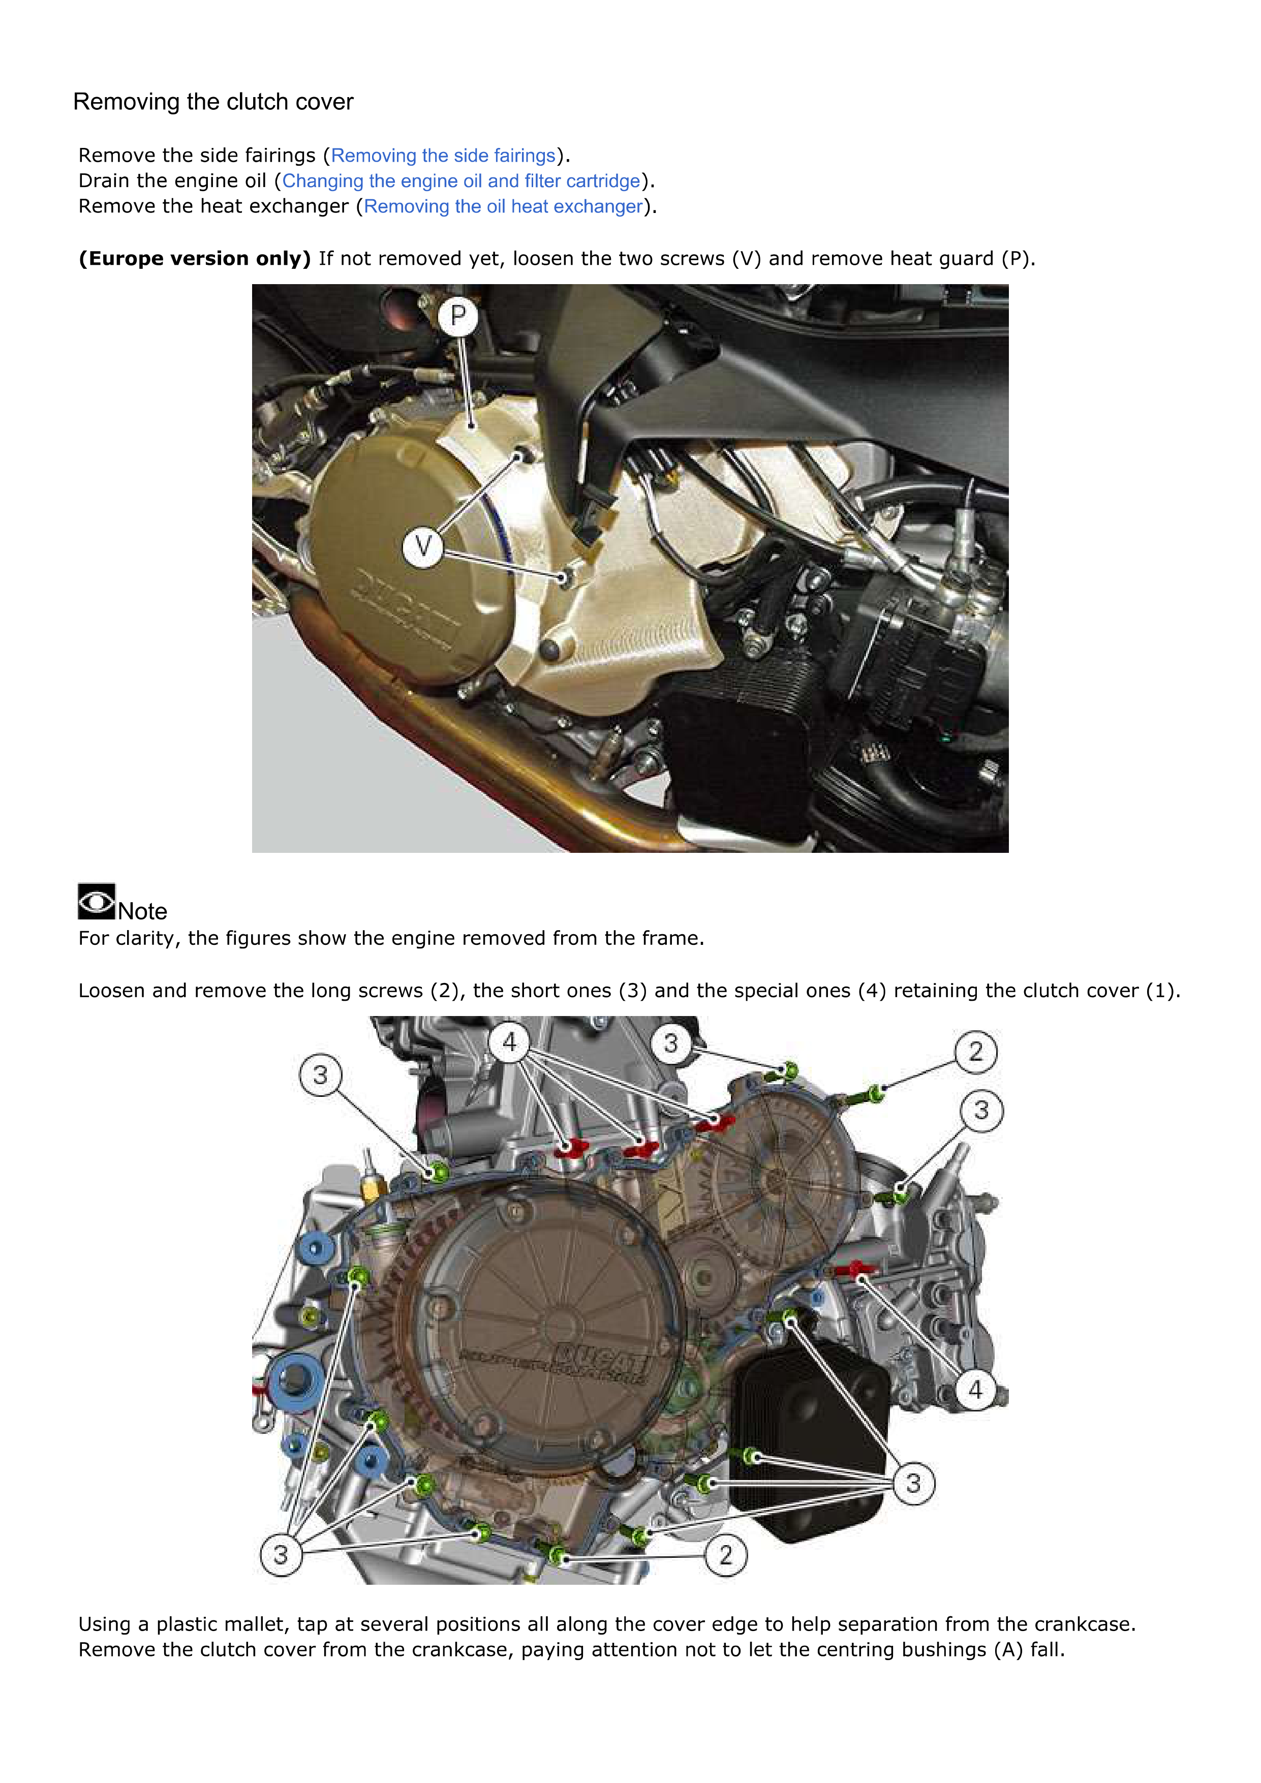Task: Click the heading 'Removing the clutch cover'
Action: tap(213, 102)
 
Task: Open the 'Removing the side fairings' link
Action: tap(443, 156)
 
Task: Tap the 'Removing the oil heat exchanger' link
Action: tap(503, 206)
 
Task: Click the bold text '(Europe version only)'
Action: tap(194, 259)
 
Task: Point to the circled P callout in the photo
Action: tap(458, 316)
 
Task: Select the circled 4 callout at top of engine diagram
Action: tap(509, 1041)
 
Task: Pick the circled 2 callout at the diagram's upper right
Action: tap(975, 1052)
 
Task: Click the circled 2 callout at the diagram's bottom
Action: tap(725, 1555)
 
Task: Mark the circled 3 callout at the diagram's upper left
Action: tap(320, 1075)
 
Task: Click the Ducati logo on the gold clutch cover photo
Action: tap(406, 607)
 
